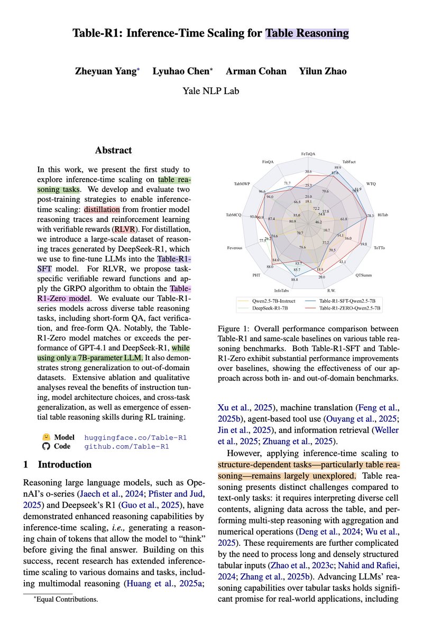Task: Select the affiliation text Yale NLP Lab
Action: (210, 91)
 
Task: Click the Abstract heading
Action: (113, 151)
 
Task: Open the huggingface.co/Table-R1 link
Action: (135, 437)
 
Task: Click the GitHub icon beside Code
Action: (46, 446)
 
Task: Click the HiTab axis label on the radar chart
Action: (383, 216)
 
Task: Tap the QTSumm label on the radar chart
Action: (363, 275)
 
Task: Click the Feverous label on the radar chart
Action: (235, 247)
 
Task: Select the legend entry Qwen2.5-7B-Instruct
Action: (269, 300)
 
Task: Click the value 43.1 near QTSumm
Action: (342, 262)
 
